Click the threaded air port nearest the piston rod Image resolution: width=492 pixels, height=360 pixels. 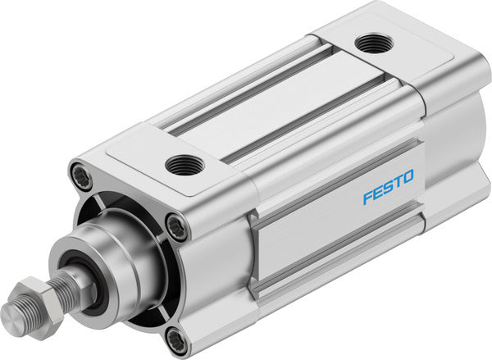click(184, 165)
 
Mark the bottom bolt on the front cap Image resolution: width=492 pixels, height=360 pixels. click(175, 338)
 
